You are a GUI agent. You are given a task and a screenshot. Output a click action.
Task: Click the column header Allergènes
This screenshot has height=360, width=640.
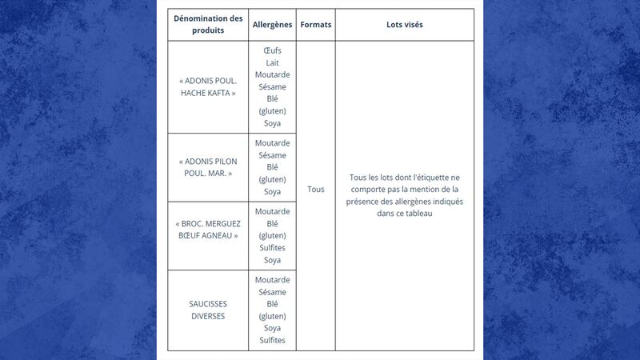[272, 25]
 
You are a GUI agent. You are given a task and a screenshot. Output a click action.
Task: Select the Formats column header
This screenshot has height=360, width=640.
[316, 25]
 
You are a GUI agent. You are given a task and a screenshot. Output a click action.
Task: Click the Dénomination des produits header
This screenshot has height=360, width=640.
[208, 25]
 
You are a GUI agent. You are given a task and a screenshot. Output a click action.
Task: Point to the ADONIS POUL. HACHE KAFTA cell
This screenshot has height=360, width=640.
[208, 86]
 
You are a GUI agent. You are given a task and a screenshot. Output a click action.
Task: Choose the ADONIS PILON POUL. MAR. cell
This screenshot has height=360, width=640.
[208, 166]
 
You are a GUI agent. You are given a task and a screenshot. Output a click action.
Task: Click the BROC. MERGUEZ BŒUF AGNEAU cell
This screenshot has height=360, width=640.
[208, 229]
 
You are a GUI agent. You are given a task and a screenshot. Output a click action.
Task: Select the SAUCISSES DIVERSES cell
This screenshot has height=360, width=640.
[208, 310]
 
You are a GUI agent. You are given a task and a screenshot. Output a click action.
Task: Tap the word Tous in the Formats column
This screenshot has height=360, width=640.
[316, 190]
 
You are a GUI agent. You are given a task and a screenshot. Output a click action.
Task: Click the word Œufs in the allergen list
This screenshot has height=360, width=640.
[272, 50]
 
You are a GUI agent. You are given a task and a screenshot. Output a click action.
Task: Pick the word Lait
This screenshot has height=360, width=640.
[272, 62]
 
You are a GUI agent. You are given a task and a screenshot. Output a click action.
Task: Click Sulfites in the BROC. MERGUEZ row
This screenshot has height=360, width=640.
[272, 248]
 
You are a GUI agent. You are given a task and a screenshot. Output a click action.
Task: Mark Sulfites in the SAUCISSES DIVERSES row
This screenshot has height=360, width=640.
[272, 341]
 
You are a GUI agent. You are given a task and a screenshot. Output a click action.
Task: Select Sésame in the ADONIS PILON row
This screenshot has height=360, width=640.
[272, 155]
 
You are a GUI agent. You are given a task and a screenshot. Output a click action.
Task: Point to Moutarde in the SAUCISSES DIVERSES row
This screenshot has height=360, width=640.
[272, 280]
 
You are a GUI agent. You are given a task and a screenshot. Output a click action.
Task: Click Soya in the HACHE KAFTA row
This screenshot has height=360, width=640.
[272, 123]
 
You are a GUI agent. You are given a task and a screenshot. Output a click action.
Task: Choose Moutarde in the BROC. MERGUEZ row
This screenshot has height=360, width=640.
[272, 211]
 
